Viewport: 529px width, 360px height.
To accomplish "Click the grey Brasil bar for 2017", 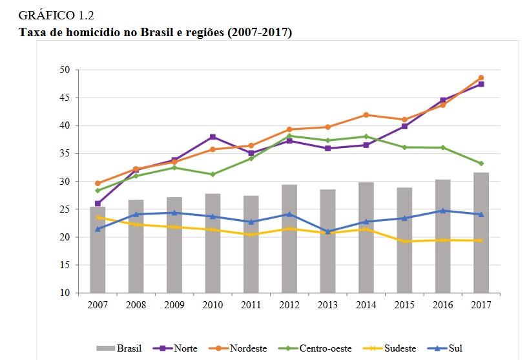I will (481, 233).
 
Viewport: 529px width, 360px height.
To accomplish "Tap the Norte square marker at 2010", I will (213, 137).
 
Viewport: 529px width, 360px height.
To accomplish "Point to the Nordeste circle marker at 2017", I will (481, 78).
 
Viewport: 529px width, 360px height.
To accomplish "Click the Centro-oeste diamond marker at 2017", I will (481, 164).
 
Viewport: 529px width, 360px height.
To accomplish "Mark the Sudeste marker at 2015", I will (404, 242).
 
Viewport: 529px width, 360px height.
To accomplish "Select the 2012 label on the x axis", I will (289, 304).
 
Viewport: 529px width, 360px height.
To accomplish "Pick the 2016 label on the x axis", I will (442, 304).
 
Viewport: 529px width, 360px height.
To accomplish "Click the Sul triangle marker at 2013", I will (328, 231).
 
